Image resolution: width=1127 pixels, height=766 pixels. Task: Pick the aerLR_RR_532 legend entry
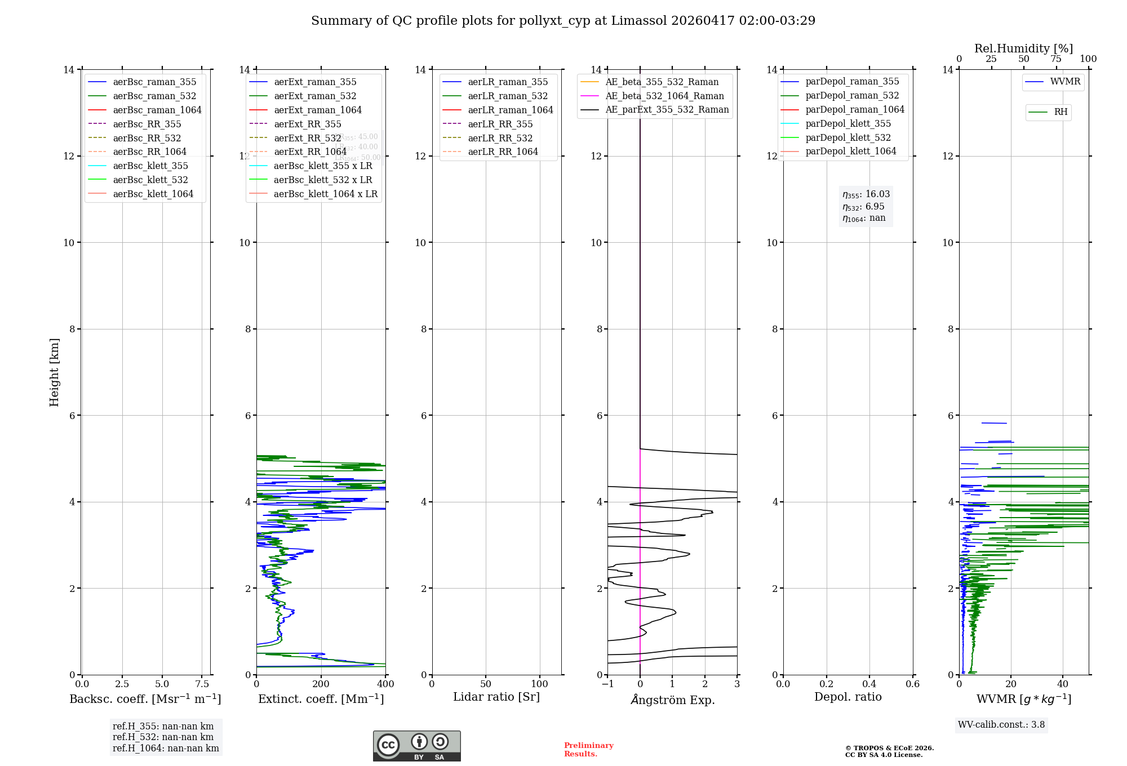tap(500, 138)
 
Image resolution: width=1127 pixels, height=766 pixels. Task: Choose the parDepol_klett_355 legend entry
tap(848, 123)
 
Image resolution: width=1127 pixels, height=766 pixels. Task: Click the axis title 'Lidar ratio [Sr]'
tap(496, 697)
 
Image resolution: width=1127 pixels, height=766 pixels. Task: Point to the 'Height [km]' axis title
tap(54, 372)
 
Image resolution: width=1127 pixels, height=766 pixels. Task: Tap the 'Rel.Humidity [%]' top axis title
tap(1023, 48)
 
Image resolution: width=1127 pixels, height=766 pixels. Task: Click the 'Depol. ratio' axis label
tap(848, 697)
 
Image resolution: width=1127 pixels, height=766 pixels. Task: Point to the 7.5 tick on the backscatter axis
tap(202, 684)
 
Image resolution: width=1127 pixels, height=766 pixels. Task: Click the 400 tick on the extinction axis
tap(385, 684)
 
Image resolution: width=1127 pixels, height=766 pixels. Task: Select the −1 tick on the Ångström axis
tap(607, 684)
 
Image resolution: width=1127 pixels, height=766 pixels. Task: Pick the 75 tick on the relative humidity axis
tap(1056, 59)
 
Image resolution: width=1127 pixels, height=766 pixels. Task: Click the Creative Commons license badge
tap(416, 746)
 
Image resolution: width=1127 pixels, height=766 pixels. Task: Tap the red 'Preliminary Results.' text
tap(588, 749)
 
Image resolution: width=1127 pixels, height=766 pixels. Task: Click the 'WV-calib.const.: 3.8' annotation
tap(1001, 725)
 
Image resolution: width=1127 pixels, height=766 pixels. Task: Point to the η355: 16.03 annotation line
tap(866, 194)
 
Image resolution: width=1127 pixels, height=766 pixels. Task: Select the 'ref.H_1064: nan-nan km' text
tap(166, 748)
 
